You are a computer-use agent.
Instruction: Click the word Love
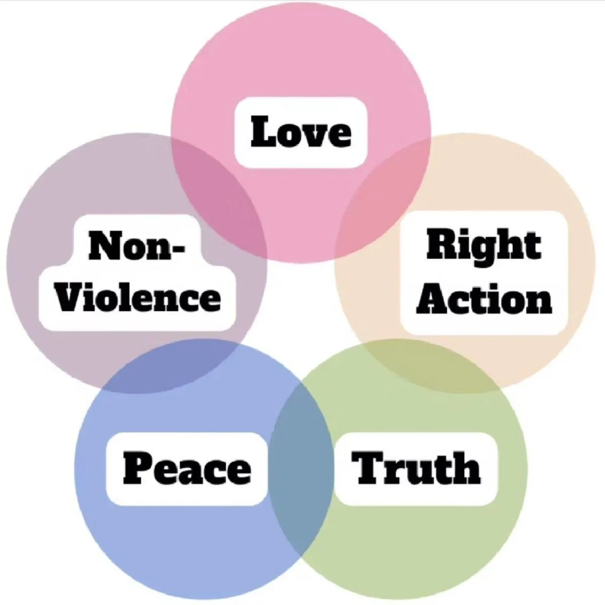[301, 132]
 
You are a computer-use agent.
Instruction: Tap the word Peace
[187, 468]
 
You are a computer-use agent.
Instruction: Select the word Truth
[416, 468]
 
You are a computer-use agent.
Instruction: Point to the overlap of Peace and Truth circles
[301, 469]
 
